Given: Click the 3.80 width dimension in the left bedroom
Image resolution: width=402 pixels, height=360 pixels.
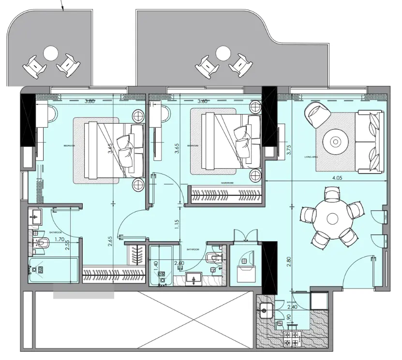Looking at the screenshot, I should tap(89, 101).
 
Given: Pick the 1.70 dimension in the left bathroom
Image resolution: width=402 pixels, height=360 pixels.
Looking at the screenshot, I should tap(60, 239).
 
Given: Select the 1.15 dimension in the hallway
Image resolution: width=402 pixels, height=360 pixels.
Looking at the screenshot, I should tap(177, 225).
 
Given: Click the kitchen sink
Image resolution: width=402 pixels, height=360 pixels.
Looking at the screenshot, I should tap(266, 310).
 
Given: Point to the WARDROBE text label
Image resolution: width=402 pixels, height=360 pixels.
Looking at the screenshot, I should tap(228, 184).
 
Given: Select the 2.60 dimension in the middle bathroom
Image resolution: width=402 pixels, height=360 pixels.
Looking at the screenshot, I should tap(179, 263).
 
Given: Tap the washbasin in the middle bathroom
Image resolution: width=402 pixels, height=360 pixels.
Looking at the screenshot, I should tap(195, 279).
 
